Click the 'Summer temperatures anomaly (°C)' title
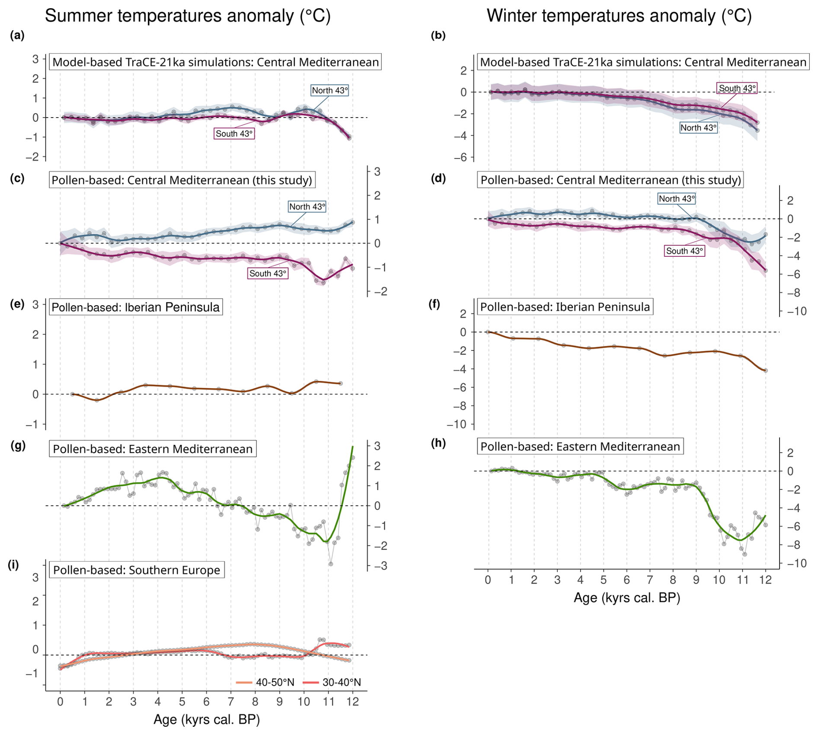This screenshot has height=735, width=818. coord(188,16)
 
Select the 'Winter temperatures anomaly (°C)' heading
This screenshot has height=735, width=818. coord(619,16)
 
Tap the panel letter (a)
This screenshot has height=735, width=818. coord(17,35)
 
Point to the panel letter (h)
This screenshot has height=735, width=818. coord(438,443)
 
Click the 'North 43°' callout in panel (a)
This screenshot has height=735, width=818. coord(329,90)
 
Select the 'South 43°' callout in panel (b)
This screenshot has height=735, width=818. coord(737,89)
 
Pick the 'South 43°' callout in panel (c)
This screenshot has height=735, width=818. coord(268,273)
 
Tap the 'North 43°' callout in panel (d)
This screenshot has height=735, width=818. coord(677,199)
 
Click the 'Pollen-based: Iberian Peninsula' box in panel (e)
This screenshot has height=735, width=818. coord(136,307)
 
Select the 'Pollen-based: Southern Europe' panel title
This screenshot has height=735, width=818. coord(137,570)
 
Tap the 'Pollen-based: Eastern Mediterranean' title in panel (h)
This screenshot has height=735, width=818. coord(580,447)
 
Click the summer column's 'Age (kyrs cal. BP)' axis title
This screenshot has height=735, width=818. coord(207,719)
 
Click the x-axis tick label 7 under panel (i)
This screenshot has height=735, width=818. coord(231,702)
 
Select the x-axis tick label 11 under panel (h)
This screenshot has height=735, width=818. coord(742,580)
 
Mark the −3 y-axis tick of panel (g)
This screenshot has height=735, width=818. coord(377,566)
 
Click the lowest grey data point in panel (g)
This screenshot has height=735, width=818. coord(331,564)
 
